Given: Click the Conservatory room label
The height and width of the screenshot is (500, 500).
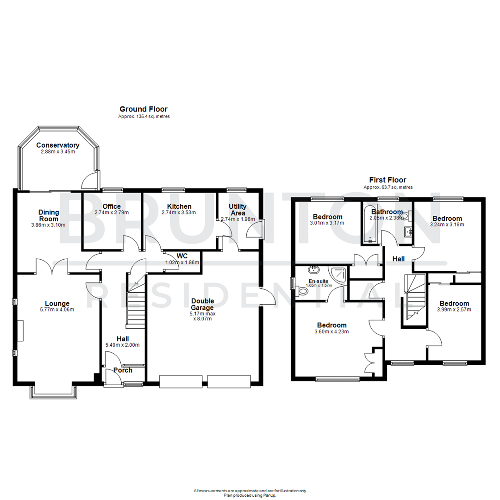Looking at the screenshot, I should coord(58,145).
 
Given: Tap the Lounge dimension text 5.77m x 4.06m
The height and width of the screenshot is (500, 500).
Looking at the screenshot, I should coord(55,310).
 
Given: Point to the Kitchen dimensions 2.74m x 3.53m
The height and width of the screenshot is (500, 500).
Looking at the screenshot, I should coord(179,212).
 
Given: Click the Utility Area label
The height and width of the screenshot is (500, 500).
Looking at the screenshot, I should coord(238,209).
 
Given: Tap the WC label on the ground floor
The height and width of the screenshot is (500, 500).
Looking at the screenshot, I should coord(182,256).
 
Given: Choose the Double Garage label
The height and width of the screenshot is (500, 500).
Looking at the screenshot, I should coord(202,304).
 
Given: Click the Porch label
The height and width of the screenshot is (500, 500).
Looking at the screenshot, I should coord(123,370).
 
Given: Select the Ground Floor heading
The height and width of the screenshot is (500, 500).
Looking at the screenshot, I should coord(144,109).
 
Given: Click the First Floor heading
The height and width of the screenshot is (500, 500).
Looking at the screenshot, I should coord(387,180).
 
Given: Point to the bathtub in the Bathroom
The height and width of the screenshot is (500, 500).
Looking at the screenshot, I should coord(370,225).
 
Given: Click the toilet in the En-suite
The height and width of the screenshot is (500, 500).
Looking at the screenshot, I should coord(303,291).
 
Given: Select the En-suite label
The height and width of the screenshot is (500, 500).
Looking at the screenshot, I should coord(318,280).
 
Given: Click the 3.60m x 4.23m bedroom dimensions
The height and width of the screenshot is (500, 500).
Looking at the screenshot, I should coord(332,331).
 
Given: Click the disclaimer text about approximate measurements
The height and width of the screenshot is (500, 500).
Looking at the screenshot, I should coord(250,490).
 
